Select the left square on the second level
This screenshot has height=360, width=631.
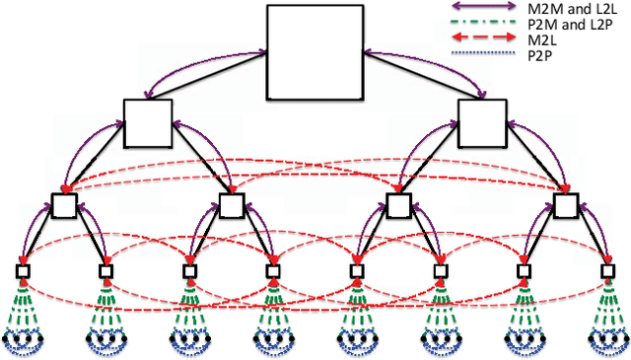point(148,122)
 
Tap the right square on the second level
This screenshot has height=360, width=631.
point(482,122)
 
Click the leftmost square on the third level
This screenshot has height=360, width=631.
point(64,206)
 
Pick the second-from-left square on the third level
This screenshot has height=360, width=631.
point(232,206)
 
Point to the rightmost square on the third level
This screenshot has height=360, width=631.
point(565,206)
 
